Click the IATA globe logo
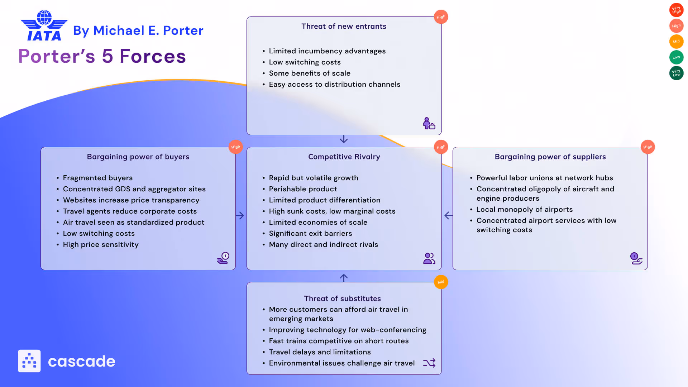click(44, 25)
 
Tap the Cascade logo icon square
click(29, 361)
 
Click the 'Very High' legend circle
click(676, 10)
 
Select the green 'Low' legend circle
click(676, 57)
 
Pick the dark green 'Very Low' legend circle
click(676, 73)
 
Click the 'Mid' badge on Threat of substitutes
click(441, 282)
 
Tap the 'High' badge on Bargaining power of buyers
click(235, 147)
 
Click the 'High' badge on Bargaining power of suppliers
click(648, 147)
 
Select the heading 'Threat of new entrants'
click(344, 26)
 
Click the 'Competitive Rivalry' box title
click(344, 157)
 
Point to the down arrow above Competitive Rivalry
click(344, 139)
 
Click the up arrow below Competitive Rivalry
click(344, 278)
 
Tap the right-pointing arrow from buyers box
click(240, 215)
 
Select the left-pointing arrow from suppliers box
click(448, 215)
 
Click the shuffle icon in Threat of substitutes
click(429, 363)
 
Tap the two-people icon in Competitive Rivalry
click(429, 258)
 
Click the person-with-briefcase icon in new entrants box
click(429, 123)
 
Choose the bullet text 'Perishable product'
click(303, 189)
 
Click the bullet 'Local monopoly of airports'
click(524, 209)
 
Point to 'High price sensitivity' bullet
click(101, 244)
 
